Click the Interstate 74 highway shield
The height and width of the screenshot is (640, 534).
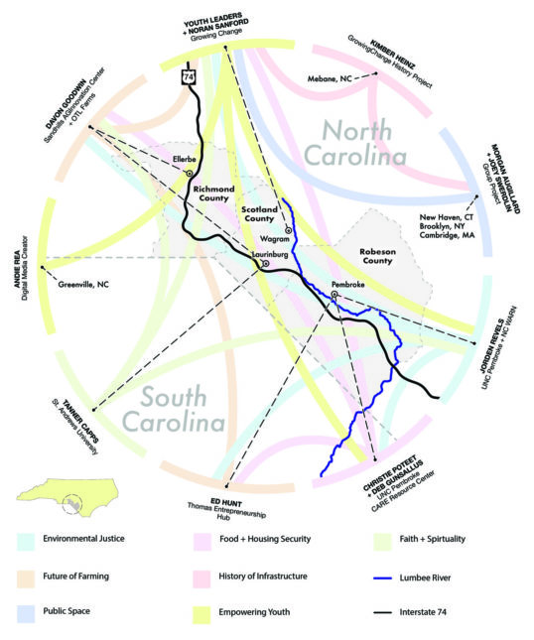(190, 76)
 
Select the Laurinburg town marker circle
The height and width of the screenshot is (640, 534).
(266, 264)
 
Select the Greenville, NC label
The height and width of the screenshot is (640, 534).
(88, 285)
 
